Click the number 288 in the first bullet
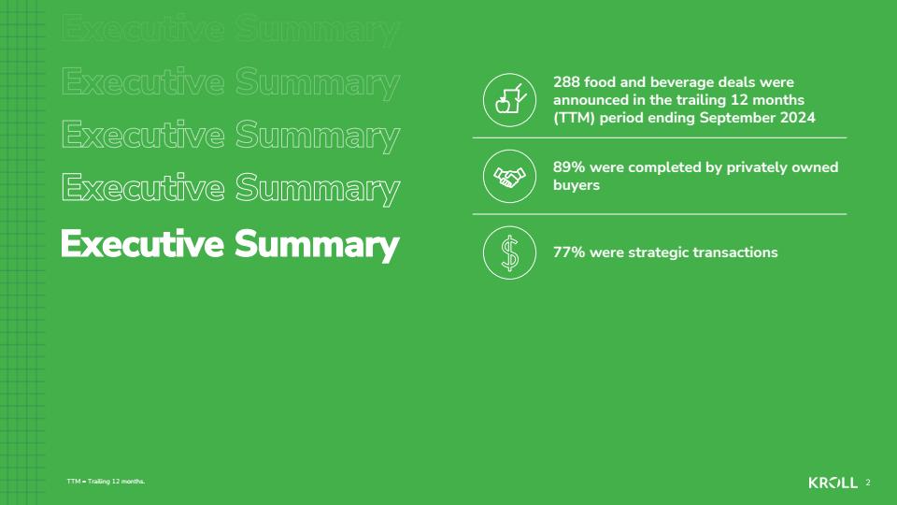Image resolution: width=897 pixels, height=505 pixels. click(566, 82)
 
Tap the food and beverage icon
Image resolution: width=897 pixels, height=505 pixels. click(510, 100)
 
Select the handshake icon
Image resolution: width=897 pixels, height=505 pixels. click(510, 177)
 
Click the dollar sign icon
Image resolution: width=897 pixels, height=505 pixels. click(510, 252)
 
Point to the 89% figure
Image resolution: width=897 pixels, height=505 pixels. click(569, 167)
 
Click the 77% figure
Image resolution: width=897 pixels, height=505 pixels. click(569, 252)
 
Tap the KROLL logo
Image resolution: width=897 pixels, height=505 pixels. click(833, 483)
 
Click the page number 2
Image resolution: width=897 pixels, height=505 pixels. click(868, 483)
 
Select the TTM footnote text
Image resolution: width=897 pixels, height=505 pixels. click(106, 482)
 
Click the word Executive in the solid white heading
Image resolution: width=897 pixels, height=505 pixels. click(142, 244)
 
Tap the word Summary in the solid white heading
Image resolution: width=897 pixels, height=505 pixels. click(317, 246)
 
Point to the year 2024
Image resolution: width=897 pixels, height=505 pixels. click(796, 118)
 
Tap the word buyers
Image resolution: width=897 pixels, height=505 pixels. click(577, 185)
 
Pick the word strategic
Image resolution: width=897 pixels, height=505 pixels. click(658, 253)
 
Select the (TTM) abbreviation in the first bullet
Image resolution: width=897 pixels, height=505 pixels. click(574, 118)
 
